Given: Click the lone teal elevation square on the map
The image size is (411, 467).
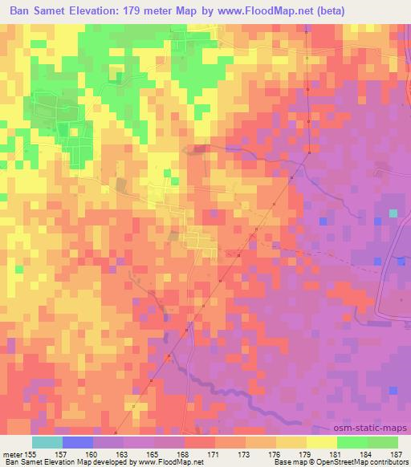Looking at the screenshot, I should [393, 213].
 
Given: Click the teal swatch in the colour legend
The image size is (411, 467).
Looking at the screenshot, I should [48, 442].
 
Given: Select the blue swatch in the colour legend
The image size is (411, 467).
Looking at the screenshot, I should [79, 442].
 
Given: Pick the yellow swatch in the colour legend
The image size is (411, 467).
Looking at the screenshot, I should [321, 442].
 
